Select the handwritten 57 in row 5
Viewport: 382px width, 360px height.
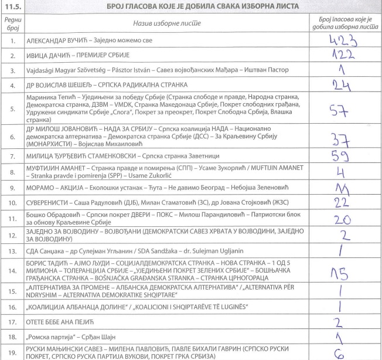pos(340,113)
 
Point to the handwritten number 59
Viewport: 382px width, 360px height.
pos(342,157)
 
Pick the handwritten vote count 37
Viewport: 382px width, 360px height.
pos(340,141)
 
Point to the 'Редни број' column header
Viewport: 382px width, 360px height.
pos(11,25)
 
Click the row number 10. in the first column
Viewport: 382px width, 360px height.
pos(11,203)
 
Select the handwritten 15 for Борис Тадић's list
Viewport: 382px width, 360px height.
pos(342,271)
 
